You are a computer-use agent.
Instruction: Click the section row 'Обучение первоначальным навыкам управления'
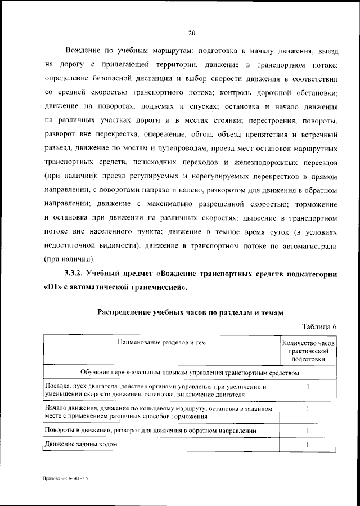190,372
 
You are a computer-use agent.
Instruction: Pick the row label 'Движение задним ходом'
80,445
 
